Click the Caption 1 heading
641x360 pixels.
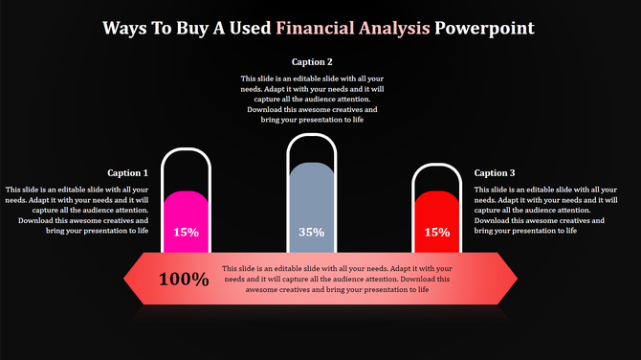point(128,173)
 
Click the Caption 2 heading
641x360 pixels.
point(311,62)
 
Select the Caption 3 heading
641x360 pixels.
point(495,173)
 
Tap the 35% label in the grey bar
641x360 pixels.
point(311,232)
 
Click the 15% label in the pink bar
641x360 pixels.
point(186,232)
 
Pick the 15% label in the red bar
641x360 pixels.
point(436,232)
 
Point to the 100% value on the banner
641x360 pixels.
point(184,280)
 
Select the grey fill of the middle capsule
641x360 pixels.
point(311,196)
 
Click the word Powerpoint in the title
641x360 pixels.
point(484,28)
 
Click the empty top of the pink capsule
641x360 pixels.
point(186,169)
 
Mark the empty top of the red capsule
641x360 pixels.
point(436,177)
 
